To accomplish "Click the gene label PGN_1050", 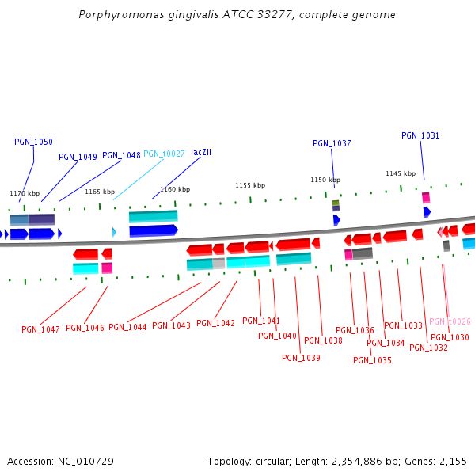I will [x=33, y=142].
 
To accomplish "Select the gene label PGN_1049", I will [x=78, y=157].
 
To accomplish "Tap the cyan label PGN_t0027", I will [x=164, y=154].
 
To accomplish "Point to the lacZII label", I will [x=201, y=151].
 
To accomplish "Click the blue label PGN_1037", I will [x=332, y=144].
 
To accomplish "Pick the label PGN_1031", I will [x=420, y=136].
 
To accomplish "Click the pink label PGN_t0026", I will [x=450, y=322].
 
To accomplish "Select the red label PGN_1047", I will [x=40, y=329].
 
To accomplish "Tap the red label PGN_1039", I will [x=301, y=358].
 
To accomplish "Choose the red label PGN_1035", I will [x=372, y=360].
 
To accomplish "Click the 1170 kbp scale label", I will [x=25, y=193].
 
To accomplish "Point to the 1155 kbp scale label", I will [x=250, y=185].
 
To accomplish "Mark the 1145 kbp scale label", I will [x=401, y=173].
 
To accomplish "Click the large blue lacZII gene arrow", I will [x=154, y=230].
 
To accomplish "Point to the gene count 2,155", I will [x=454, y=461].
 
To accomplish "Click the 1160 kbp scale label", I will [x=175, y=189].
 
